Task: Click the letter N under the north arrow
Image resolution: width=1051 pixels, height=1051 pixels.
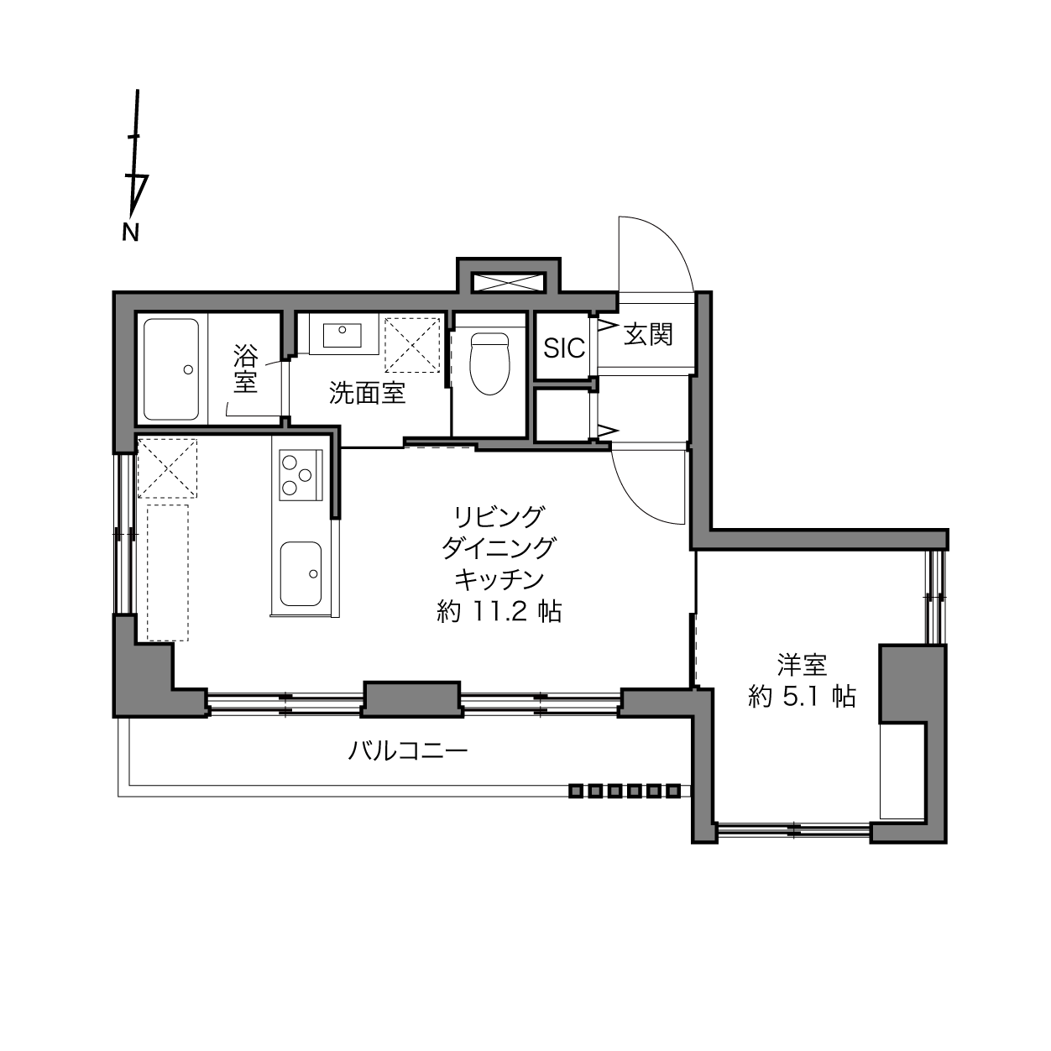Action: click(x=130, y=233)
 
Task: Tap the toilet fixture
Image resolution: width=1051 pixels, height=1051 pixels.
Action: click(x=489, y=363)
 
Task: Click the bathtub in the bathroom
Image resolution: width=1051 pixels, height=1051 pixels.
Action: click(x=170, y=370)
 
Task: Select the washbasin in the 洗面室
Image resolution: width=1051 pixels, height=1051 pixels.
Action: click(x=342, y=335)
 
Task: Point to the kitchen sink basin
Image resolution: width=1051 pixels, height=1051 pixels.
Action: click(x=301, y=573)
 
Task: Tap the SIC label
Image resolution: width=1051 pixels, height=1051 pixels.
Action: click(x=564, y=348)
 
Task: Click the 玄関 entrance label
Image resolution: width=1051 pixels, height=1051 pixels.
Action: click(x=648, y=334)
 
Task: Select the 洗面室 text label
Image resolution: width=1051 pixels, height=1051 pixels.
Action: click(x=367, y=393)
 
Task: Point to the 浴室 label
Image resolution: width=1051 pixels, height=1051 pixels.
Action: click(x=245, y=369)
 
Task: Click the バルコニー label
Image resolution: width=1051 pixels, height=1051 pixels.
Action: click(x=408, y=751)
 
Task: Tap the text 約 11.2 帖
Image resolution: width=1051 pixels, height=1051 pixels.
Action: click(x=499, y=612)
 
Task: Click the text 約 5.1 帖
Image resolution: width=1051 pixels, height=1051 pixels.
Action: click(x=802, y=697)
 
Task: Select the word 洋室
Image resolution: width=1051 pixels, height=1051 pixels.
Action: click(x=802, y=665)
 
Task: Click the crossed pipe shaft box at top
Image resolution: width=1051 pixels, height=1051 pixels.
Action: click(x=509, y=283)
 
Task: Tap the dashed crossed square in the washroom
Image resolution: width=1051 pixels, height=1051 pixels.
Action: click(x=412, y=345)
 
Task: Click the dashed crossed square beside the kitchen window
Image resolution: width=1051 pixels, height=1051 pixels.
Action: click(x=167, y=468)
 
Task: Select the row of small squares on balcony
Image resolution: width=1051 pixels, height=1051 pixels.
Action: click(x=625, y=791)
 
